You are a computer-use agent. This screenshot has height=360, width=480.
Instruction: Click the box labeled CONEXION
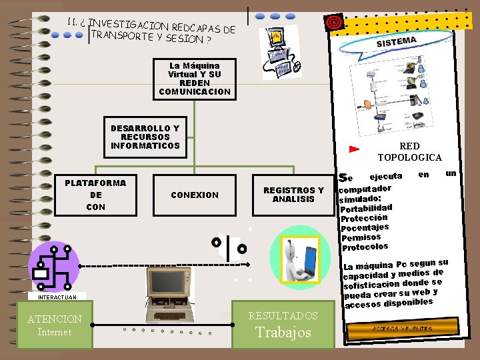pos(195,195)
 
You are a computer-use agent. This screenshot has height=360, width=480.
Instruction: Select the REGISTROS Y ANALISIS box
pos(293,195)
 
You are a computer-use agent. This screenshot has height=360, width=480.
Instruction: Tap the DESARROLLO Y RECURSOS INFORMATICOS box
pos(145,137)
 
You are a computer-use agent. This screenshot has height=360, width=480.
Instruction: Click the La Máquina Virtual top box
pos(195,79)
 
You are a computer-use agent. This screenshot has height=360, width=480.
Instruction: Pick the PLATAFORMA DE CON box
pos(95,195)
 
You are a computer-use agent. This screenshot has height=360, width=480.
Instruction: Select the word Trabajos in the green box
pos(283,332)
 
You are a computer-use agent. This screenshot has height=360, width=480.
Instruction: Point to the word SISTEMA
pos(397,42)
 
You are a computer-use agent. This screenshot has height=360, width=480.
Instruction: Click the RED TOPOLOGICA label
pos(409,151)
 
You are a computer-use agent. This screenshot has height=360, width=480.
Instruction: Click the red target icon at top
pos(333,22)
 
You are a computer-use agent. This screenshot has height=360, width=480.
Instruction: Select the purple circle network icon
pos(55,265)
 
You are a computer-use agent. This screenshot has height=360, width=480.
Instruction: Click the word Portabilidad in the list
pos(366,208)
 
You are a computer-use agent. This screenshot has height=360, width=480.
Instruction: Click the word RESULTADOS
pos(283,315)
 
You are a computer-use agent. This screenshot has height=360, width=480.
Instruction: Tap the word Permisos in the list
pos(361,237)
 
